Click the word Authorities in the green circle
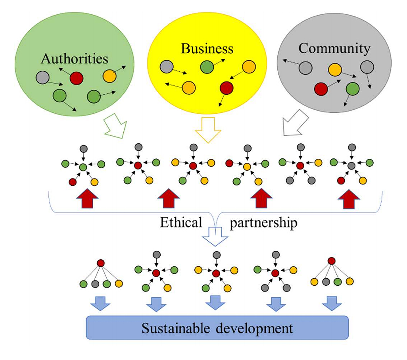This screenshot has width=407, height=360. pyautogui.click(x=75, y=59)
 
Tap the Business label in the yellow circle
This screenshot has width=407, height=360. pyautogui.click(x=207, y=48)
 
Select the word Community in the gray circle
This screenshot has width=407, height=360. pyautogui.click(x=334, y=48)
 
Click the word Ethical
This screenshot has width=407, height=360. pyautogui.click(x=181, y=223)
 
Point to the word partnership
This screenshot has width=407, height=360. pyautogui.click(x=263, y=223)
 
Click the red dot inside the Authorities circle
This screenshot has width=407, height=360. pyautogui.click(x=76, y=78)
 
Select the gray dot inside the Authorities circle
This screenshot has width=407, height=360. pyautogui.click(x=42, y=77)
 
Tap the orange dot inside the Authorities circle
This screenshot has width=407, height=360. pyautogui.click(x=109, y=76)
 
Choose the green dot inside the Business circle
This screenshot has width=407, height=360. pyautogui.click(x=207, y=67)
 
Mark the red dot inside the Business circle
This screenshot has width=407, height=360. pyautogui.click(x=226, y=87)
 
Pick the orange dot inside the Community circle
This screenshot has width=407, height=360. pyautogui.click(x=335, y=70)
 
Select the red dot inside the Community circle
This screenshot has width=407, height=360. pyautogui.click(x=321, y=89)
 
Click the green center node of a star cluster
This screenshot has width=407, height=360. pyautogui.click(x=83, y=167)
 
